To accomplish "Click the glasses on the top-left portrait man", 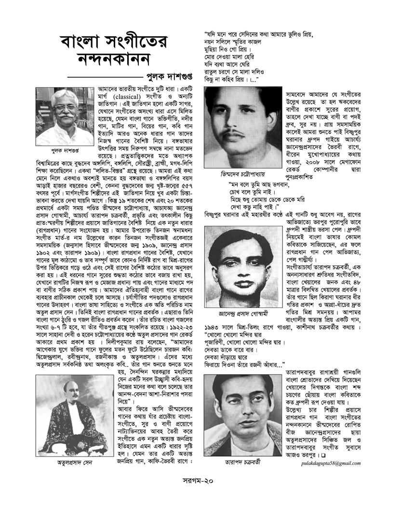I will tap(57, 105).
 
